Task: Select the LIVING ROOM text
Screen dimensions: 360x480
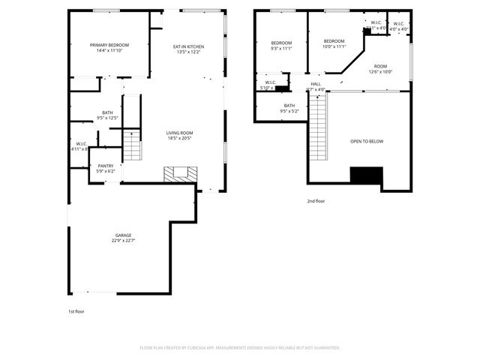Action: (179, 133)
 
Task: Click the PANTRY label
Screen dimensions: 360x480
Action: (105, 166)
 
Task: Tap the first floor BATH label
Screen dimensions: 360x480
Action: (108, 112)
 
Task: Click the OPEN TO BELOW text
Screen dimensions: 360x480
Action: (367, 141)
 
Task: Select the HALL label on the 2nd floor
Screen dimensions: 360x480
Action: (316, 84)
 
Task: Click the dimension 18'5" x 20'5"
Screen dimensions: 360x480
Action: (179, 139)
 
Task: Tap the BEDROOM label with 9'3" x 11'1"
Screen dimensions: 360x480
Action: (281, 42)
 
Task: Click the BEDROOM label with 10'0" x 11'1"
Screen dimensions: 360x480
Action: (334, 40)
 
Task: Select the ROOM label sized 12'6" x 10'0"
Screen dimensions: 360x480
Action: (381, 66)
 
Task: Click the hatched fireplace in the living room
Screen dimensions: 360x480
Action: (180, 174)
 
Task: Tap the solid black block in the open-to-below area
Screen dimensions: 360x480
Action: (366, 175)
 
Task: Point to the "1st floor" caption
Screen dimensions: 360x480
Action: (76, 310)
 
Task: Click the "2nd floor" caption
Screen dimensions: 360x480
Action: (316, 201)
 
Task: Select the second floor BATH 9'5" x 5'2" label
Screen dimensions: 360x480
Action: (289, 106)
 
